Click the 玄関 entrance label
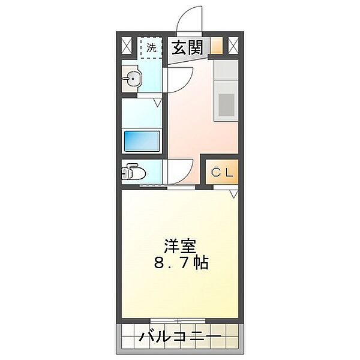pyautogui.click(x=187, y=47)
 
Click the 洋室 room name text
pyautogui.click(x=180, y=246)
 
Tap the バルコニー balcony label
pyautogui.click(x=180, y=337)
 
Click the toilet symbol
pyautogui.click(x=133, y=173)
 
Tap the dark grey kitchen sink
pyautogui.click(x=226, y=104)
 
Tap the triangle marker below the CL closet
pyautogui.click(x=233, y=193)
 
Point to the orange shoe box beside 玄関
pyautogui.click(x=216, y=46)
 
